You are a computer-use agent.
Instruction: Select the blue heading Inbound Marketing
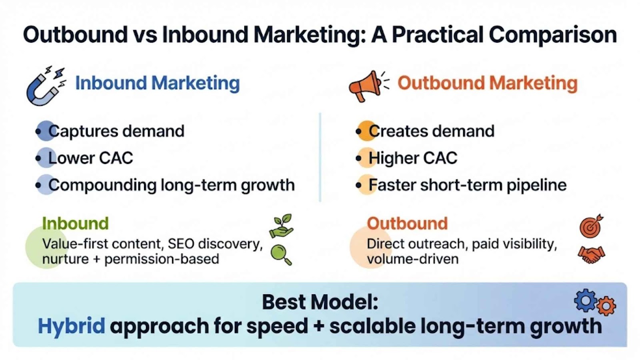pyautogui.click(x=158, y=83)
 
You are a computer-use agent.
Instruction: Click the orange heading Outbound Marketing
pyautogui.click(x=488, y=83)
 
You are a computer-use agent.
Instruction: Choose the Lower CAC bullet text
pyautogui.click(x=90, y=158)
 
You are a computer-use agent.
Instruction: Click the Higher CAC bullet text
pyautogui.click(x=413, y=158)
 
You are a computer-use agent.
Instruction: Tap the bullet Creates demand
pyautogui.click(x=432, y=131)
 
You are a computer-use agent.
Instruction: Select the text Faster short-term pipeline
pyautogui.click(x=468, y=185)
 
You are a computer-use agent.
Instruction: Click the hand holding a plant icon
pyautogui.click(x=282, y=226)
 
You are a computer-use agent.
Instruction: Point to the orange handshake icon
pyautogui.click(x=592, y=255)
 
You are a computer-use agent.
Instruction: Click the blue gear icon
pyautogui.click(x=586, y=300)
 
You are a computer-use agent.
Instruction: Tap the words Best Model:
pyautogui.click(x=320, y=302)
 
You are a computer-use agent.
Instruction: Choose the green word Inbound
pyautogui.click(x=76, y=223)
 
